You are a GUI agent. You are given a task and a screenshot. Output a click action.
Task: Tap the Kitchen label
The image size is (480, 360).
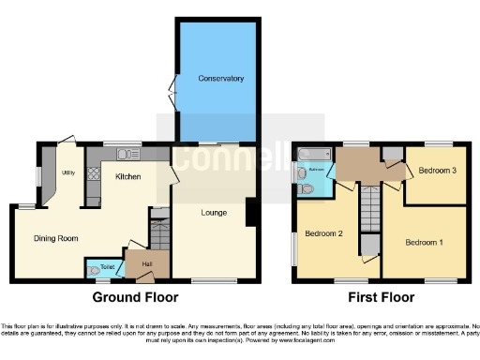pyautogui.click(x=127, y=176)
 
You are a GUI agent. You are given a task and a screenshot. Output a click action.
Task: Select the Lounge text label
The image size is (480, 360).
pyautogui.click(x=213, y=213)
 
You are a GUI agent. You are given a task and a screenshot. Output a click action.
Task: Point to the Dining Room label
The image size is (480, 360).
pyautogui.click(x=55, y=238)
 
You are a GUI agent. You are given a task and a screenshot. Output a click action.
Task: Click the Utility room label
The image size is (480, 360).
pyautogui.click(x=68, y=172)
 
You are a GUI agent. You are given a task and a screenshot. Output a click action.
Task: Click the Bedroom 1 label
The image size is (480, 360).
pyautogui.click(x=423, y=242)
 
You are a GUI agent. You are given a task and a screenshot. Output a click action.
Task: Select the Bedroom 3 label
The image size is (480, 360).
pyautogui.click(x=437, y=172)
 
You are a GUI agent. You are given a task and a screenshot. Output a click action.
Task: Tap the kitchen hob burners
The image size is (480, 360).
pyautogui.click(x=93, y=173)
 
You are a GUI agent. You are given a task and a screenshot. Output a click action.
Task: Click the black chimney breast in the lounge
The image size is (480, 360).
pyautogui.click(x=249, y=213)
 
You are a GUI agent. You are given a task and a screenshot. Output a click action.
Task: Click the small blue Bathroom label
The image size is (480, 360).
pyautogui.click(x=317, y=170)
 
